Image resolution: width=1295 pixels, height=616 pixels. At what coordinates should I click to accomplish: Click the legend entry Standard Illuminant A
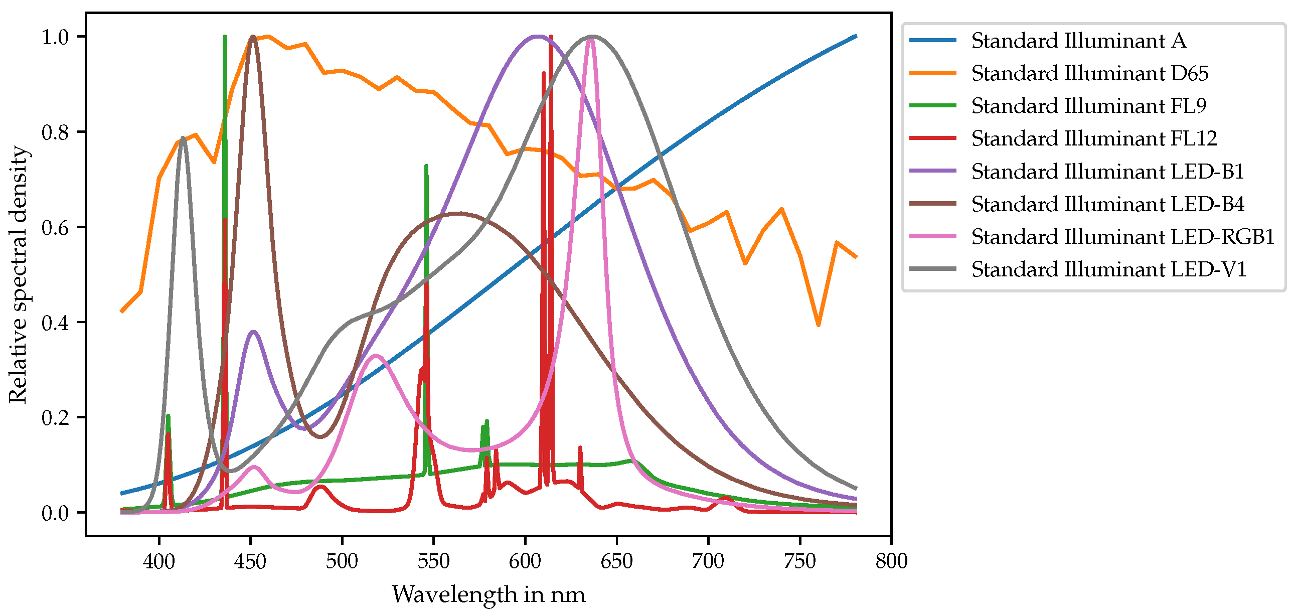[1078, 41]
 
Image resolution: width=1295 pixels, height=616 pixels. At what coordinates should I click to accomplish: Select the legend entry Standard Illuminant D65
[1089, 73]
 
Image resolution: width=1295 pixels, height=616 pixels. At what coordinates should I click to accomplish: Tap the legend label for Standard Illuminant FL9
[1088, 106]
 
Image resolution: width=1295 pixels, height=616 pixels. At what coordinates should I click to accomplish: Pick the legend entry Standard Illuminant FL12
[1094, 138]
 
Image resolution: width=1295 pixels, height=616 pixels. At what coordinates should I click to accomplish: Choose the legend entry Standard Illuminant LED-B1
[1107, 172]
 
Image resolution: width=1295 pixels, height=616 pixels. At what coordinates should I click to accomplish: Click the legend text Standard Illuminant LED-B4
[1107, 204]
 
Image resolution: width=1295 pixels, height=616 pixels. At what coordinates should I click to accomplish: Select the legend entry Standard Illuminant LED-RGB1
[1122, 237]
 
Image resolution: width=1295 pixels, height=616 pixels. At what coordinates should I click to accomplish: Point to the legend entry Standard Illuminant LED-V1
[1108, 269]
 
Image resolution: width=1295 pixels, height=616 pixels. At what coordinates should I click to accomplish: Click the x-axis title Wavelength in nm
[488, 594]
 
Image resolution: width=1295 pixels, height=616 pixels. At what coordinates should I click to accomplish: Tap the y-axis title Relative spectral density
[18, 274]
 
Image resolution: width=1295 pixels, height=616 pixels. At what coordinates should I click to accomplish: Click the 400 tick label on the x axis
[159, 561]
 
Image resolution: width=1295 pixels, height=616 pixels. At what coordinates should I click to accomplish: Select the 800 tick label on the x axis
[891, 561]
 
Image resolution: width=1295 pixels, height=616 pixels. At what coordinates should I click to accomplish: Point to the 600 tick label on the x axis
[525, 561]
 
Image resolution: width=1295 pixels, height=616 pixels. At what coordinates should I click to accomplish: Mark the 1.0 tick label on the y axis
[55, 37]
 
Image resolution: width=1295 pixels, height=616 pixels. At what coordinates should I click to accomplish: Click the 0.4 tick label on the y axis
[55, 323]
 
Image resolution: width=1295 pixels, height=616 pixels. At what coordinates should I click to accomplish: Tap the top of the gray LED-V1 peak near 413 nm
[183, 137]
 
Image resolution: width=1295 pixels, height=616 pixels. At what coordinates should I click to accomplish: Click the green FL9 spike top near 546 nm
[426, 166]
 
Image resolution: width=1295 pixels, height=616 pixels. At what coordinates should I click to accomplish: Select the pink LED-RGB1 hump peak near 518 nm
[376, 356]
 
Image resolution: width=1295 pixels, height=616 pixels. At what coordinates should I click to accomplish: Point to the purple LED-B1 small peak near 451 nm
[253, 332]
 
